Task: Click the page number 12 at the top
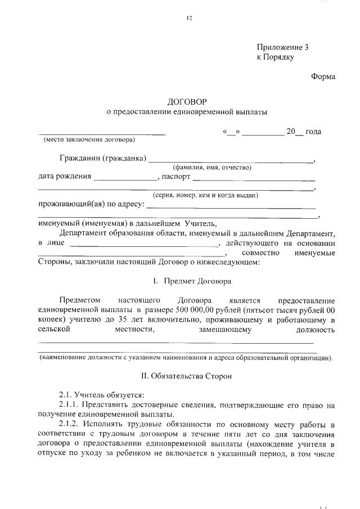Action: [x=190, y=19]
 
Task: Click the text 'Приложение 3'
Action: [x=282, y=48]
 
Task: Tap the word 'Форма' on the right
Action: [x=323, y=77]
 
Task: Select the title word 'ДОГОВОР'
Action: [x=187, y=102]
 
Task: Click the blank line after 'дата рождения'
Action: [x=125, y=178]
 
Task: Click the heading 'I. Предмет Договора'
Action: [x=187, y=280]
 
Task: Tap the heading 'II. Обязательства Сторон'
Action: [x=186, y=374]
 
